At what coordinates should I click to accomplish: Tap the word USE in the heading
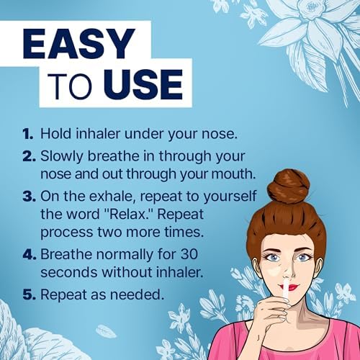(x=143, y=84)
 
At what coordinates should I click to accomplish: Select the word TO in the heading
(x=70, y=85)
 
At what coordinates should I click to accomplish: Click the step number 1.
(x=28, y=134)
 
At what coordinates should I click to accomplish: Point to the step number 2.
(x=29, y=156)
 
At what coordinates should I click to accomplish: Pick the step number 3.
(x=29, y=197)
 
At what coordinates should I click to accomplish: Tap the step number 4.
(x=30, y=254)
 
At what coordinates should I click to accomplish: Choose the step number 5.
(x=29, y=294)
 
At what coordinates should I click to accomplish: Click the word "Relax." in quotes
(x=128, y=214)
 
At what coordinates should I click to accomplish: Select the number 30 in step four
(x=189, y=254)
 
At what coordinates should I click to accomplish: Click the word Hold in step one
(x=55, y=133)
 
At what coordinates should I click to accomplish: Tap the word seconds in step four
(x=69, y=272)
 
